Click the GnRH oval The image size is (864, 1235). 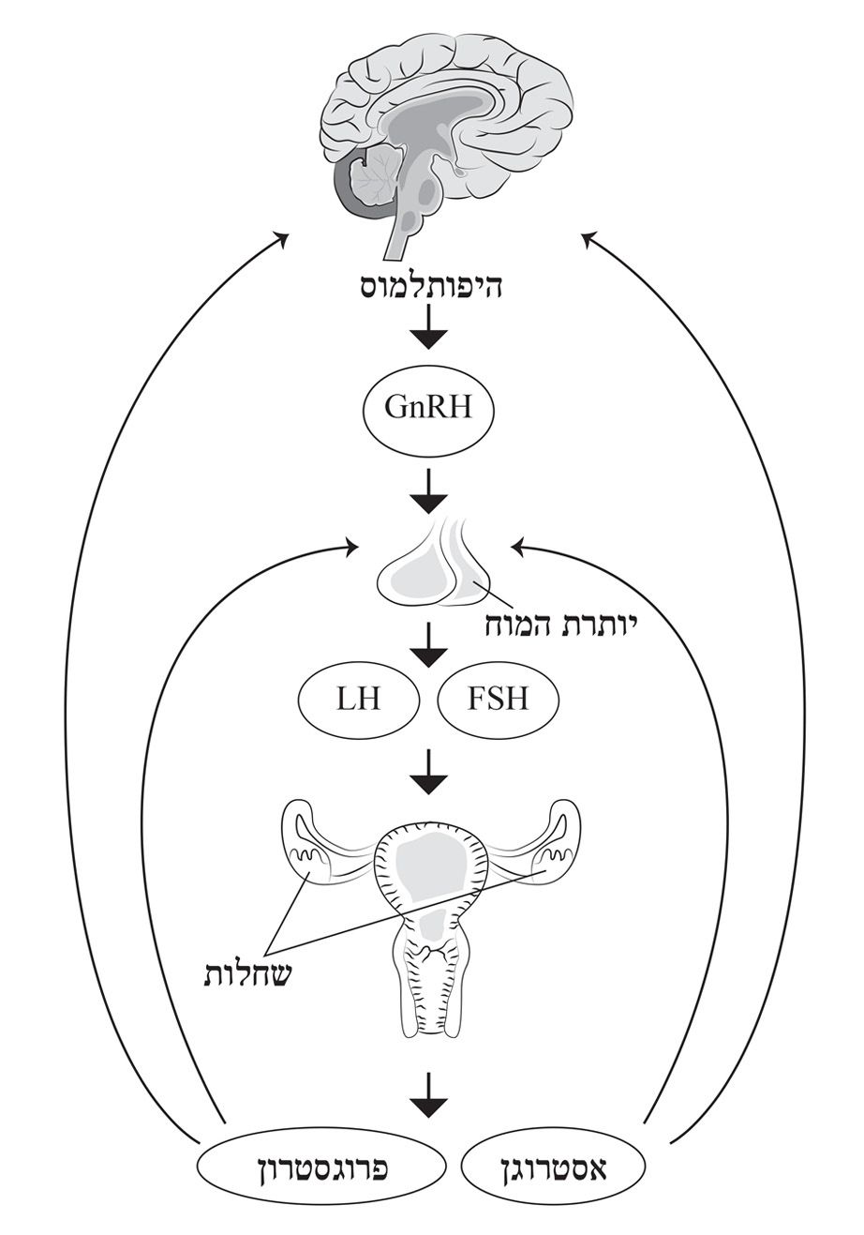[426, 408]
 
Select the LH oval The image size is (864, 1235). [359, 699]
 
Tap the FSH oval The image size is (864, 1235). [498, 699]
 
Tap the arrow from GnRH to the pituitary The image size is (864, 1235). [427, 490]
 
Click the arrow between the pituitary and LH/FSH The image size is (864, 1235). [427, 645]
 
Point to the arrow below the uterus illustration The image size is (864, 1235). [427, 1095]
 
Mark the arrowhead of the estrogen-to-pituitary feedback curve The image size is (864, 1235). [517, 545]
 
